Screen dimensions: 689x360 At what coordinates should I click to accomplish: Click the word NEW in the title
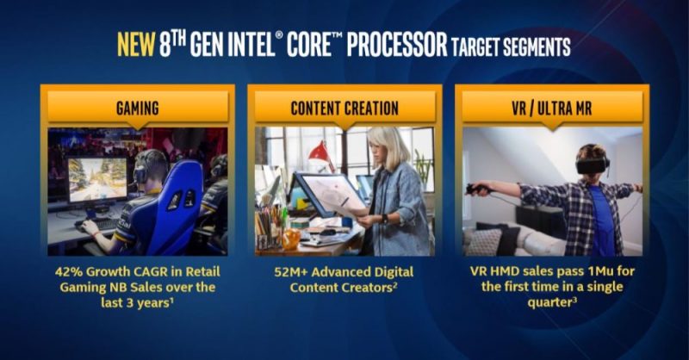pos(136,45)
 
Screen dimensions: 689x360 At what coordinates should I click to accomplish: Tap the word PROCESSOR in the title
pos(397,45)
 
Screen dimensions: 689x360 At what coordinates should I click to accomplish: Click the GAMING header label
pos(138,109)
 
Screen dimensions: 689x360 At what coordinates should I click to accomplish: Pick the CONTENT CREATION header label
pos(344,109)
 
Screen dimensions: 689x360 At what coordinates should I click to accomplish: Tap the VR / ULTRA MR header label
pos(552,109)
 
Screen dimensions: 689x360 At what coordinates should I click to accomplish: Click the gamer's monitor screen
pos(97,179)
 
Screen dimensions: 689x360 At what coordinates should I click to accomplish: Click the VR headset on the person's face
pos(592,165)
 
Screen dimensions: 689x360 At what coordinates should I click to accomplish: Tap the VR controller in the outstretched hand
pos(477,189)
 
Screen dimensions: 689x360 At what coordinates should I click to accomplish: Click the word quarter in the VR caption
pos(549,303)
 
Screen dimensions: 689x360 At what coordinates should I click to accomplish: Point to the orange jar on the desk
pos(290,239)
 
